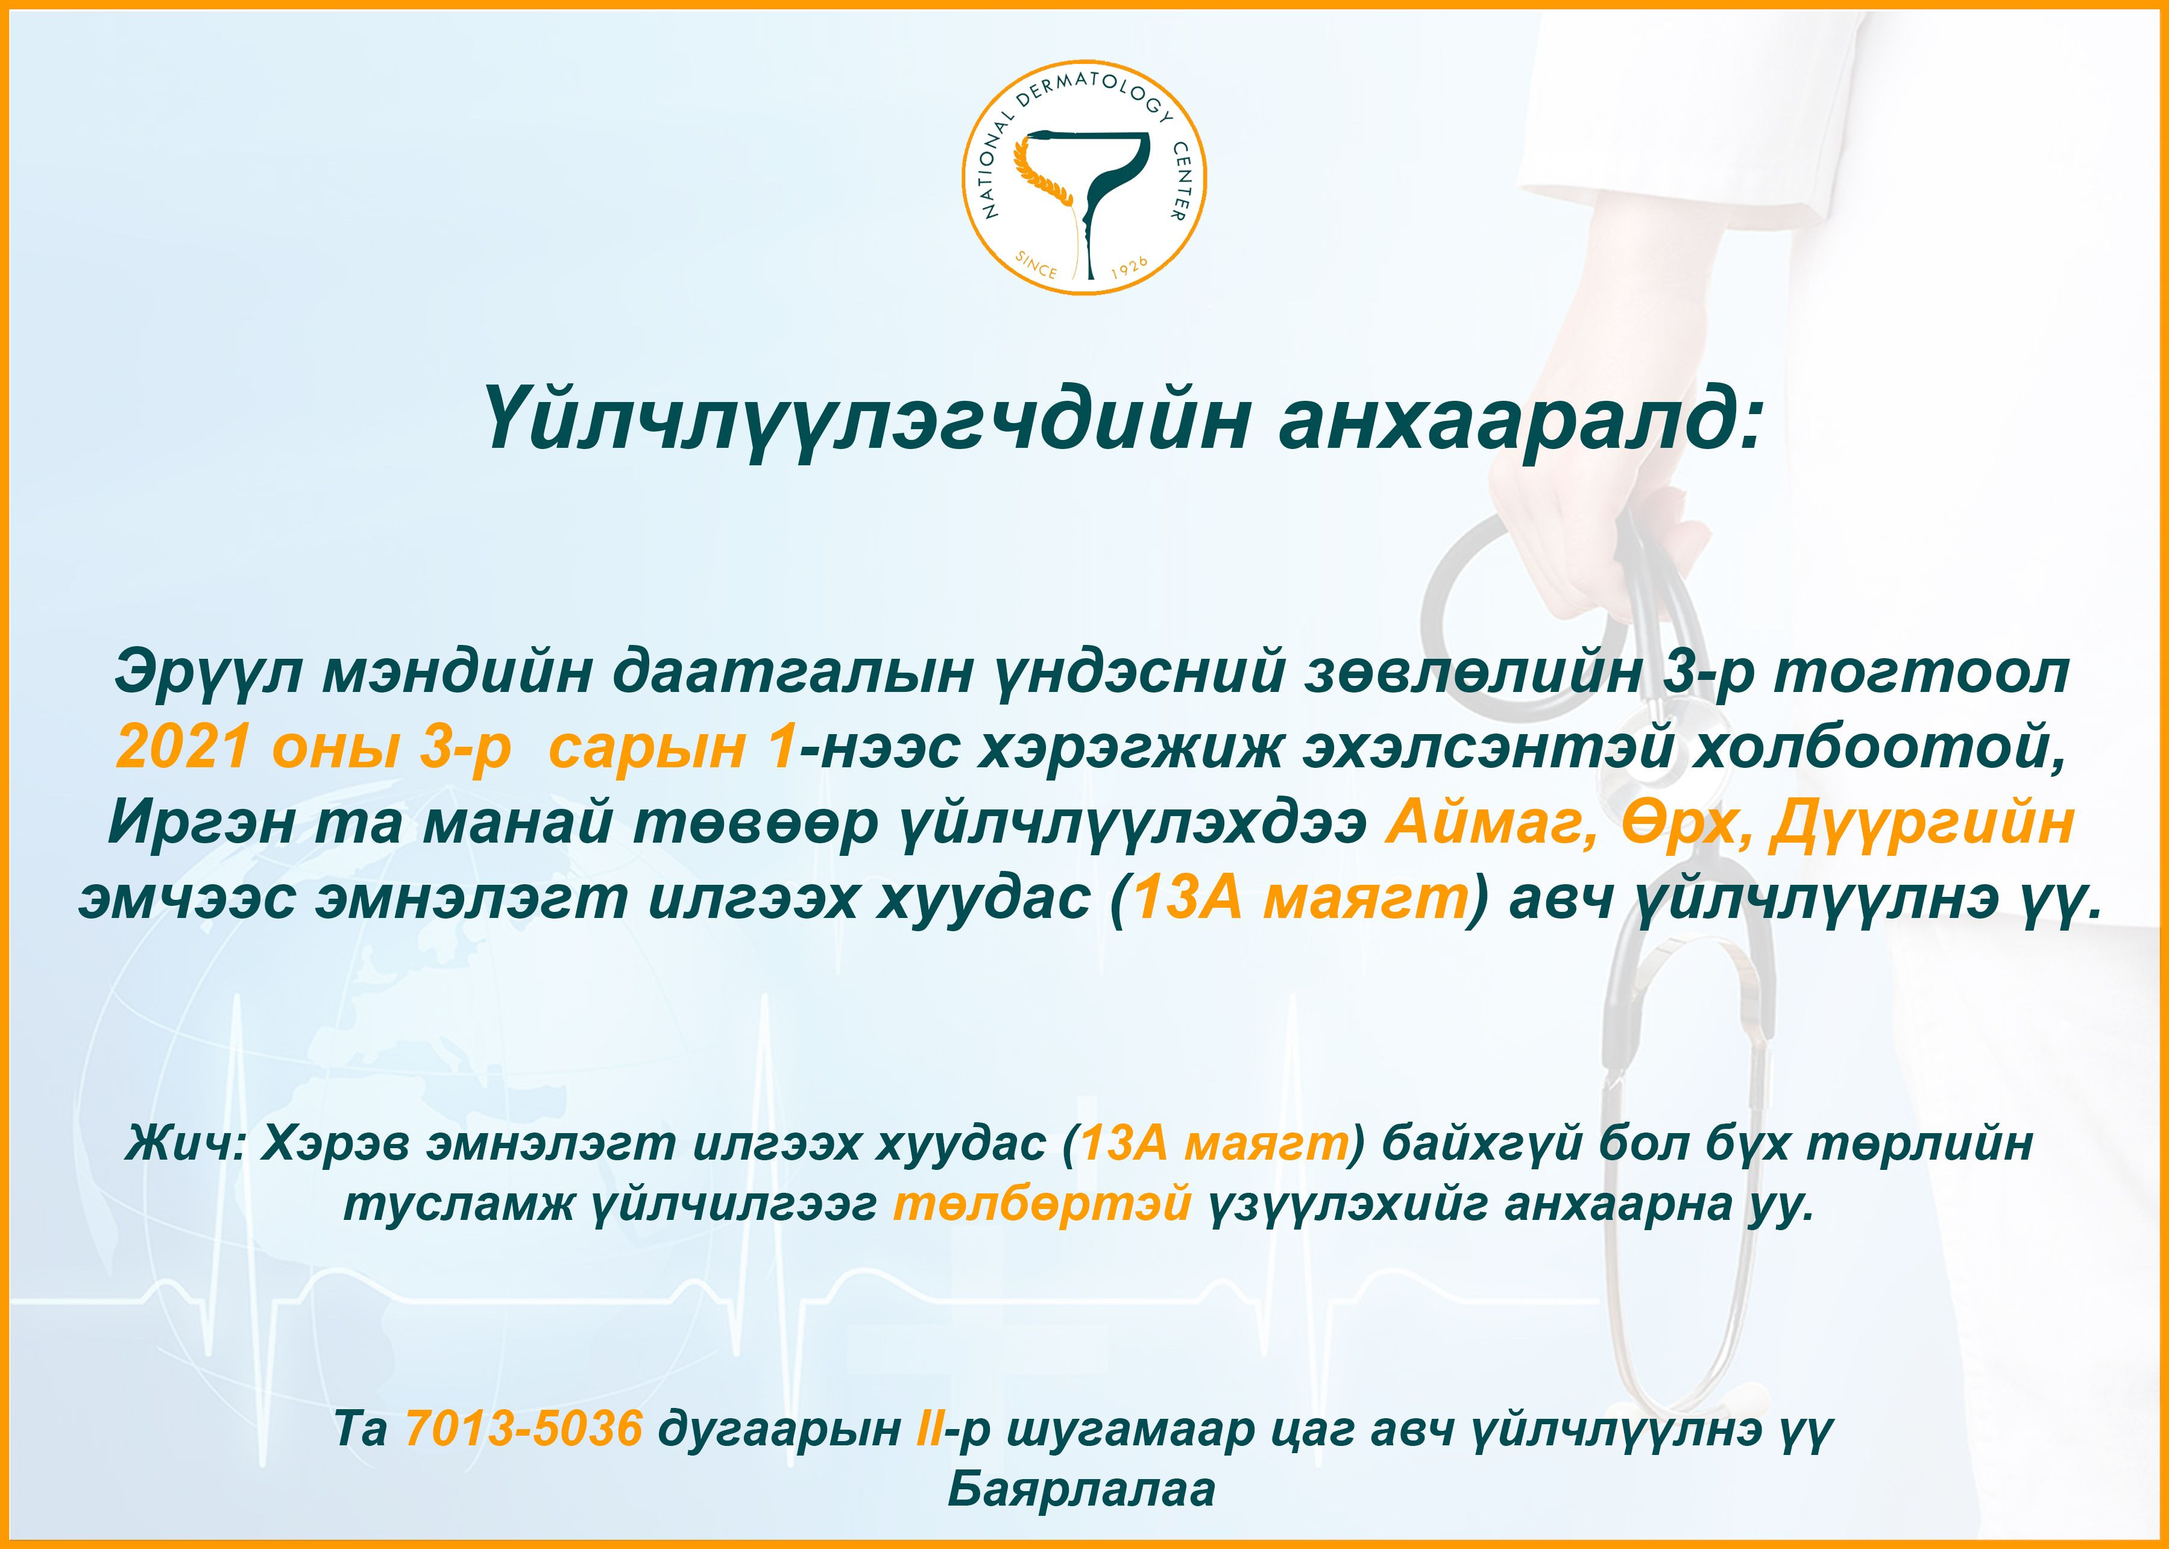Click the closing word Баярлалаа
coord(1081,1490)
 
